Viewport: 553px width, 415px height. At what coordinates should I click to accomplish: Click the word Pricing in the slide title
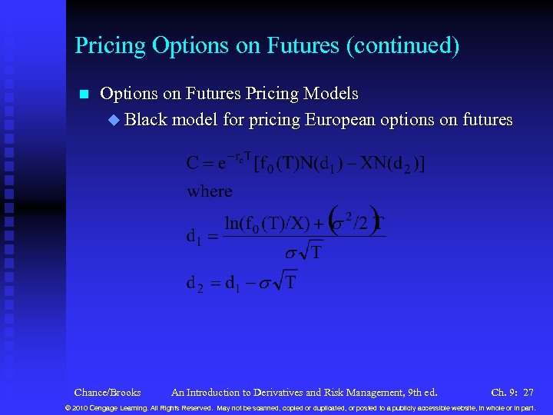tap(111, 46)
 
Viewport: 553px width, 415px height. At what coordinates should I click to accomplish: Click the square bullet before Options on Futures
tap(84, 95)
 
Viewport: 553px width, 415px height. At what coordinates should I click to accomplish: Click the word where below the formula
tap(209, 191)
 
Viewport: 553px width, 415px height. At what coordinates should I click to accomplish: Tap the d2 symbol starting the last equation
tap(195, 283)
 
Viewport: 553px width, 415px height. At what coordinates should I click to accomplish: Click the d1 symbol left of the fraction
tap(195, 237)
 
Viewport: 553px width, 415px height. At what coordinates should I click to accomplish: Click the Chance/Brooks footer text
tap(108, 392)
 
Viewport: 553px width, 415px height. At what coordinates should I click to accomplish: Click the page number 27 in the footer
tap(528, 392)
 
